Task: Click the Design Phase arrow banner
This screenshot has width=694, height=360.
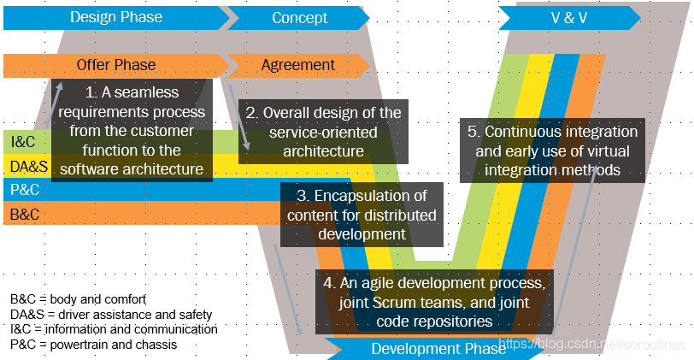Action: coord(115,17)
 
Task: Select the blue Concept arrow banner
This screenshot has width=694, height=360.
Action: coord(299,17)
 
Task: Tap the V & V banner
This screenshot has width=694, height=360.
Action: coord(568,17)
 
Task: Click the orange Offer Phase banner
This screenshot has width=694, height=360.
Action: coord(116,65)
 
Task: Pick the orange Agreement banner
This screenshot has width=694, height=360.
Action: coord(298,65)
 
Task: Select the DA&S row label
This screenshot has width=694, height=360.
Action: coord(27,166)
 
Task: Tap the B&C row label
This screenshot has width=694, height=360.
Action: coord(25,213)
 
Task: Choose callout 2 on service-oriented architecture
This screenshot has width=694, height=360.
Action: coord(324,131)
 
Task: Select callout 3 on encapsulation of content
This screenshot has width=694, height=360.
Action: coord(362,214)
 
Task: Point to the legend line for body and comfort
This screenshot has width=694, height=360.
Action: coord(79,299)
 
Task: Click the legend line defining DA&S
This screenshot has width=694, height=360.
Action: coord(111,314)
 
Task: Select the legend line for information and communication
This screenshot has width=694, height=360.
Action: coord(114,328)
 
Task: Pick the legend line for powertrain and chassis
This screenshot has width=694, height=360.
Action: coord(94,344)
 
